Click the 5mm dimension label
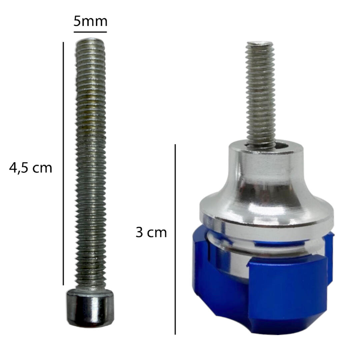tap(90, 22)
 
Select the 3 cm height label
tap(151, 232)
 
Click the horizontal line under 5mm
tap(90, 32)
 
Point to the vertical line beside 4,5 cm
tap(63, 163)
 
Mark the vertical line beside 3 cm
tap(175, 239)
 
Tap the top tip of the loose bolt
tap(90, 39)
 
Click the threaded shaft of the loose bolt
tap(91, 164)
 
